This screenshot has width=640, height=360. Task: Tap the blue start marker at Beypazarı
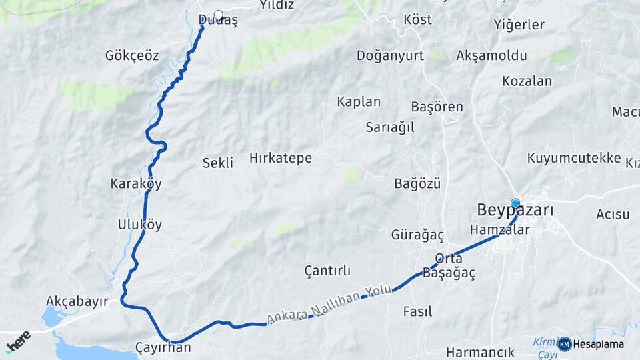[x=515, y=203]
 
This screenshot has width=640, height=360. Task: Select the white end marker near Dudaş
[x=218, y=15]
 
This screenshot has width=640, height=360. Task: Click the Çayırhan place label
[x=163, y=347]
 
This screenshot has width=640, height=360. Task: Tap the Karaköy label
[x=136, y=183]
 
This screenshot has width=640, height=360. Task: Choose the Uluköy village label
[x=139, y=224]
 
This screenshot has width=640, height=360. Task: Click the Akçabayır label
[x=77, y=301]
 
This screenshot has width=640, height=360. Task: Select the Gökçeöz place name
[x=132, y=55]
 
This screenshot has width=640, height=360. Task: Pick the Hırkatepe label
[x=281, y=158]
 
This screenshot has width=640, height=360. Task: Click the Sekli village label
[x=218, y=163]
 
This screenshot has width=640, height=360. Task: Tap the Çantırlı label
[x=327, y=271]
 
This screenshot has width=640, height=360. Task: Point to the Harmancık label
[x=480, y=352]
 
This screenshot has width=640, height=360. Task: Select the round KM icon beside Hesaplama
[x=565, y=344]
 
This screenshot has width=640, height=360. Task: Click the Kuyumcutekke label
[x=574, y=158]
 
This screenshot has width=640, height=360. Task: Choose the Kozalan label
[x=527, y=81]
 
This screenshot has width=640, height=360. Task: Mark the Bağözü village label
[x=417, y=183]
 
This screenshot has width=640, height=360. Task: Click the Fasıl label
[x=417, y=311]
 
